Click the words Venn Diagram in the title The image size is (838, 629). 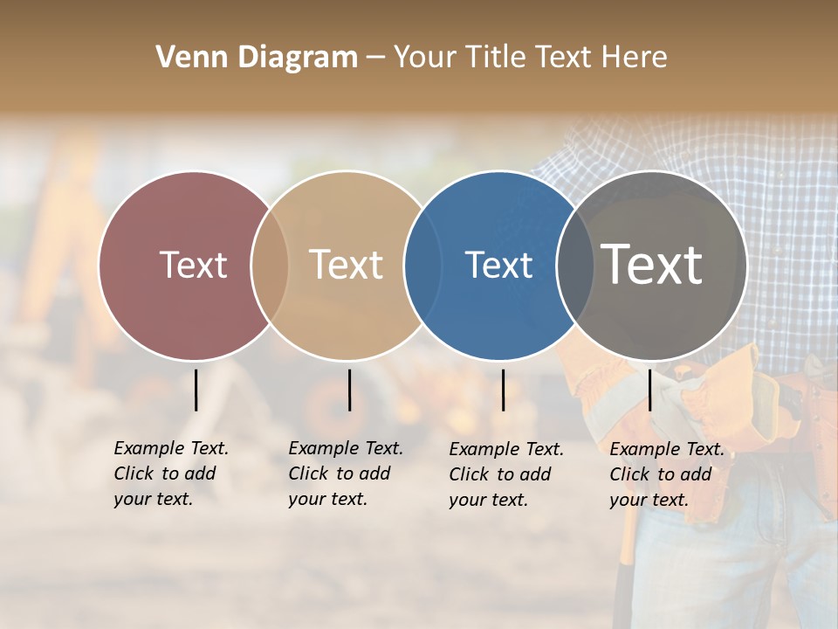(257, 58)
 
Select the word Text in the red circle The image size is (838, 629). (193, 265)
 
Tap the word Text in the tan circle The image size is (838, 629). (346, 265)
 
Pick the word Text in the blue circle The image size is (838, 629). (498, 265)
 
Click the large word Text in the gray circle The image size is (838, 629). (652, 265)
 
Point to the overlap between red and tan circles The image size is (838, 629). (270, 265)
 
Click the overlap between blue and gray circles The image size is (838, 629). (574, 265)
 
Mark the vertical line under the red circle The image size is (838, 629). (196, 390)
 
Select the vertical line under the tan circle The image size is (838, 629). (349, 390)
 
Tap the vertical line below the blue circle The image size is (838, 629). (503, 390)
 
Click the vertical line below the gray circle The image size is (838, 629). (649, 390)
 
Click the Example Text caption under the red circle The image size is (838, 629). (170, 473)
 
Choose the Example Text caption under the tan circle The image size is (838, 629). (345, 473)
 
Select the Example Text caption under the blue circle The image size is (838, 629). (505, 474)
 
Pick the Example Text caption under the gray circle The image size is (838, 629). (666, 474)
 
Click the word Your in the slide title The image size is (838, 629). (425, 58)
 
